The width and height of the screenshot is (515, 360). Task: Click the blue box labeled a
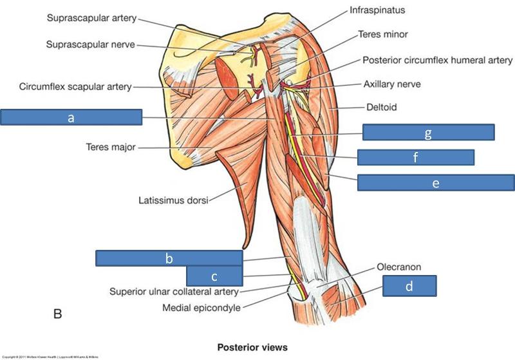click(x=71, y=117)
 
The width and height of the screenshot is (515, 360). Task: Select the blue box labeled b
click(x=169, y=258)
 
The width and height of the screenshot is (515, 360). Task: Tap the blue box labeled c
click(x=214, y=276)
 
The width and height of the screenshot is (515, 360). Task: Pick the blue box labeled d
click(x=409, y=285)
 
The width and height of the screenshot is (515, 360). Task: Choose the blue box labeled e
click(x=435, y=182)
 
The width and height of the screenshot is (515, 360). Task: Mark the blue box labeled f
click(x=415, y=157)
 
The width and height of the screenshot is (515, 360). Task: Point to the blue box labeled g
click(x=428, y=132)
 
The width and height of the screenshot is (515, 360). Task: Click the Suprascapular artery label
click(x=91, y=18)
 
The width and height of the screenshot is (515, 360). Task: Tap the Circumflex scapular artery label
click(x=75, y=86)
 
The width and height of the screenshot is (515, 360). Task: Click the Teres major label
click(x=110, y=147)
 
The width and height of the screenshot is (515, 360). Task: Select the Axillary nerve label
click(x=393, y=84)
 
